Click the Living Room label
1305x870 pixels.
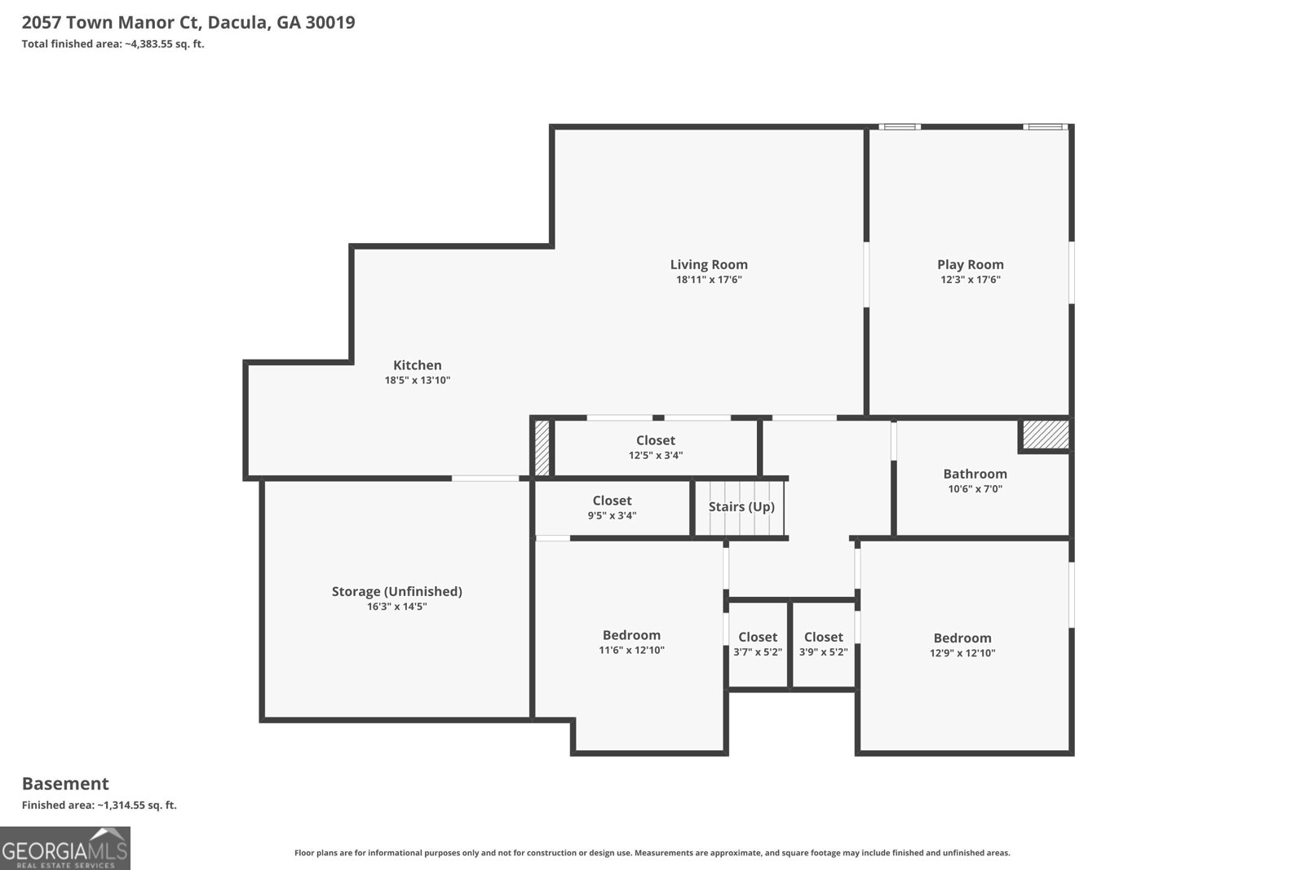tap(708, 264)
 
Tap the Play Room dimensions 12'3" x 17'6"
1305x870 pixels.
tap(970, 280)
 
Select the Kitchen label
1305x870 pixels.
tap(417, 365)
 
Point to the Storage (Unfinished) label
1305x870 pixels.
tap(396, 591)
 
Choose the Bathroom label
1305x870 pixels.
tap(975, 474)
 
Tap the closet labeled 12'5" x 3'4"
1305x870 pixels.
tap(656, 448)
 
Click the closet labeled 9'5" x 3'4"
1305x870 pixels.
tap(612, 507)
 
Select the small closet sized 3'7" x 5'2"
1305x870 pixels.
tap(758, 643)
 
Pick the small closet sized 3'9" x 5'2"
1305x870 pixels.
tap(823, 643)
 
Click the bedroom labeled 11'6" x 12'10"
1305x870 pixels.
tap(631, 642)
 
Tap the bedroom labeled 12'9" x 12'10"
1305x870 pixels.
tap(962, 644)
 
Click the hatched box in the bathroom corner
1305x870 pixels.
tap(1046, 434)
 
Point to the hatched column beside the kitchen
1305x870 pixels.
tap(542, 447)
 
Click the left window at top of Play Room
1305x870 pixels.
tap(899, 126)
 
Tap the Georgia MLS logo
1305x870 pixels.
tap(64, 848)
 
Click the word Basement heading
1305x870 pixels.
tap(65, 784)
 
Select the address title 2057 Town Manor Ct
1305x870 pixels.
tap(188, 22)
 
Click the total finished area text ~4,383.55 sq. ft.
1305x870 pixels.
tap(113, 44)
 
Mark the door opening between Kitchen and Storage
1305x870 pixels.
tap(485, 479)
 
